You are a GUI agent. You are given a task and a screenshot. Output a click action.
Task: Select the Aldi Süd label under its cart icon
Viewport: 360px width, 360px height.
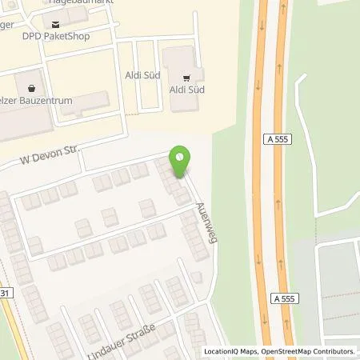coord(186,90)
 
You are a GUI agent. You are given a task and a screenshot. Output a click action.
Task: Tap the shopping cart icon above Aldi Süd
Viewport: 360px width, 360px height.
coord(186,78)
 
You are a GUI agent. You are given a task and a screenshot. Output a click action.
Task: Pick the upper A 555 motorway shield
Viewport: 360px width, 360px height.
coord(276,139)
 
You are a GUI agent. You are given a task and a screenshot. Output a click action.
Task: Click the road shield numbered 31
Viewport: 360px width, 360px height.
coord(6,294)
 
